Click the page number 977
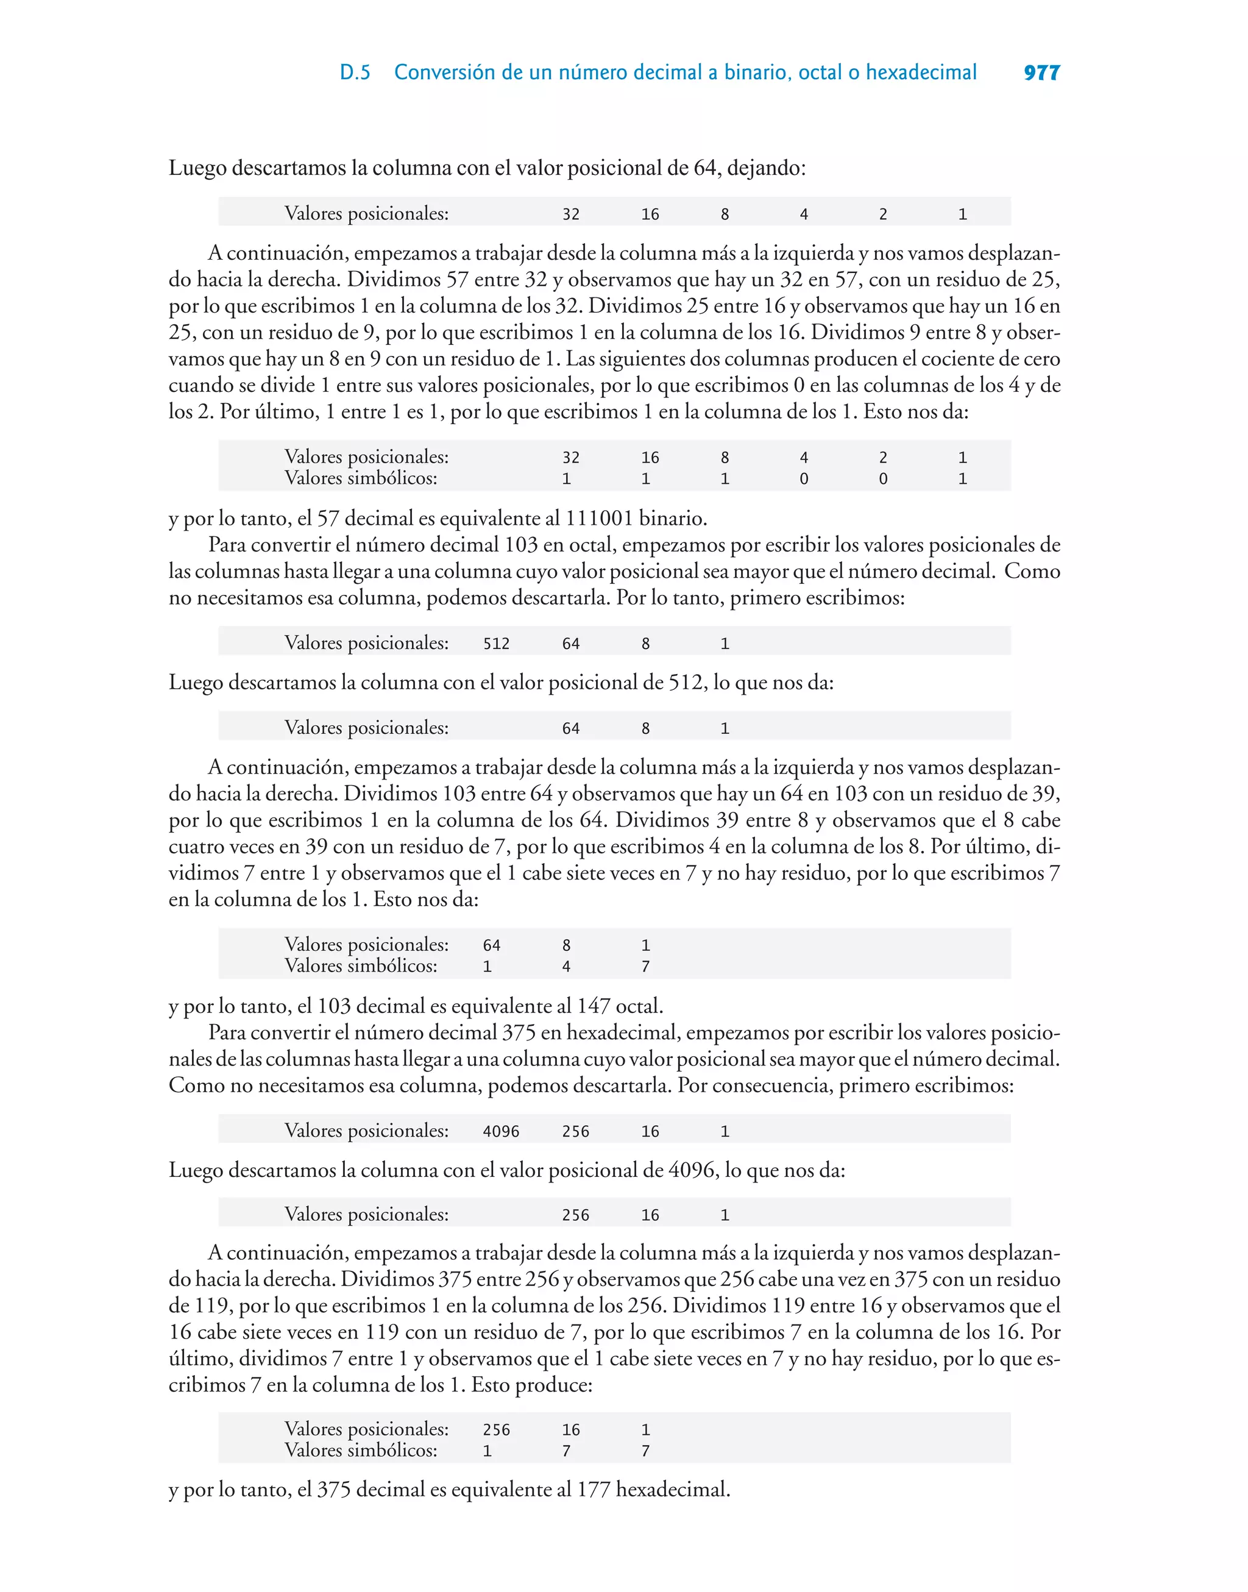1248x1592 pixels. (1041, 73)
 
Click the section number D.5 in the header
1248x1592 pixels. (355, 73)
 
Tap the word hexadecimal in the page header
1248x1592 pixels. (921, 73)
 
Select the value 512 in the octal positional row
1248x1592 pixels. (496, 644)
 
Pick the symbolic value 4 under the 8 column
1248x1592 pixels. (566, 967)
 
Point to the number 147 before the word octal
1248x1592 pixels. (594, 1007)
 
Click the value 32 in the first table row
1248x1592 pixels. (570, 215)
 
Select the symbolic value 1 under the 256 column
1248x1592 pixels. (487, 1451)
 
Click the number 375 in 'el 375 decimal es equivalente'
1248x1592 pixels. (333, 1490)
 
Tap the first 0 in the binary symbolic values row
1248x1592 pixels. (804, 479)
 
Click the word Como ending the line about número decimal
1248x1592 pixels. (1032, 571)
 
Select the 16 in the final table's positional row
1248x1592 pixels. (570, 1430)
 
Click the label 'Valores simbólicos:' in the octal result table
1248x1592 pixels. (361, 966)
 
